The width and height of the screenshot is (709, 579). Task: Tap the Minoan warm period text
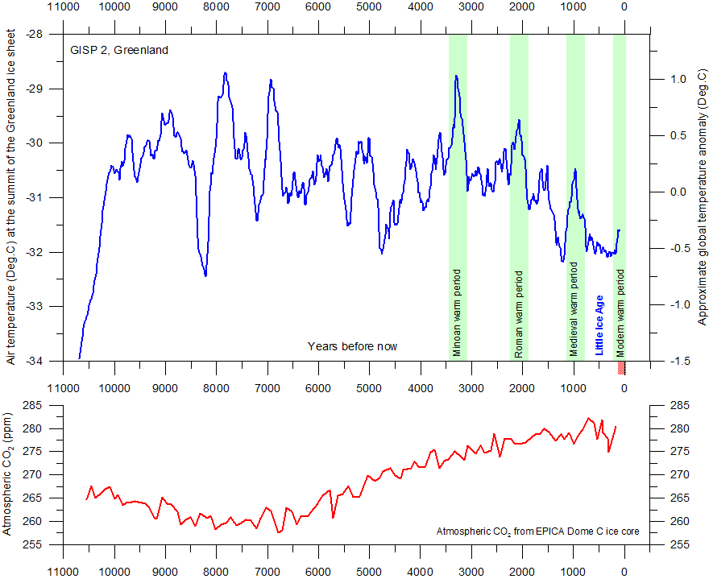click(458, 313)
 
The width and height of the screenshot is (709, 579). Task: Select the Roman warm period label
click(519, 314)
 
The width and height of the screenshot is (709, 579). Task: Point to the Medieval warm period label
click(574, 312)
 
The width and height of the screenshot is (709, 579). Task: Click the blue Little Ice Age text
click(599, 325)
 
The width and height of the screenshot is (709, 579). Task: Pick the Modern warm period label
click(620, 313)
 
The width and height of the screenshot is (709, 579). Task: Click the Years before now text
click(352, 346)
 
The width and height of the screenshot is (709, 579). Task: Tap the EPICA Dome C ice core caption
click(532, 532)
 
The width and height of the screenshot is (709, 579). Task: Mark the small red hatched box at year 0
click(622, 367)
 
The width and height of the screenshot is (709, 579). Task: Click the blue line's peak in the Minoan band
click(456, 76)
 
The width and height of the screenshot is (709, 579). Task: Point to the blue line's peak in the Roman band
click(519, 120)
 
